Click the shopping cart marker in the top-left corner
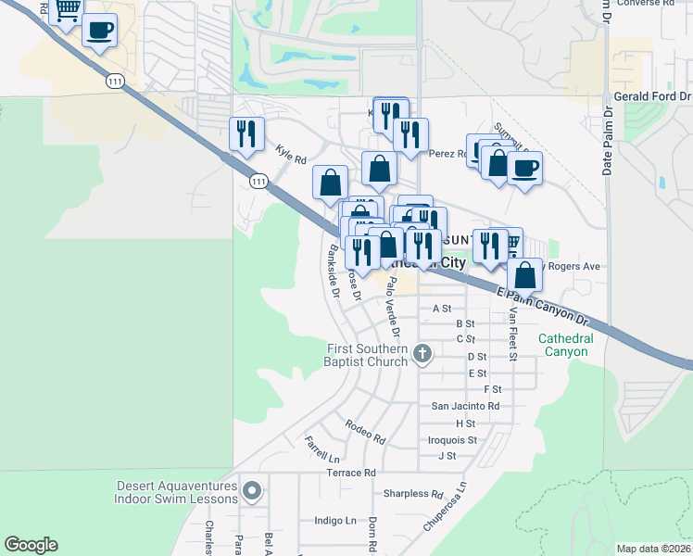67,11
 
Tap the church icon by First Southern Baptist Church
422,352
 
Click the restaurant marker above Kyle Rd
246,134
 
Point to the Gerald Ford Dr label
652,96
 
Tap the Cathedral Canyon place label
564,345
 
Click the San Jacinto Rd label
466,406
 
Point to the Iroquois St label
453,439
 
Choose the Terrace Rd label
351,473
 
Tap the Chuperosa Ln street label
446,504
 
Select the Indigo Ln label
335,521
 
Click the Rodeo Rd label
364,431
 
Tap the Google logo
31,545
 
